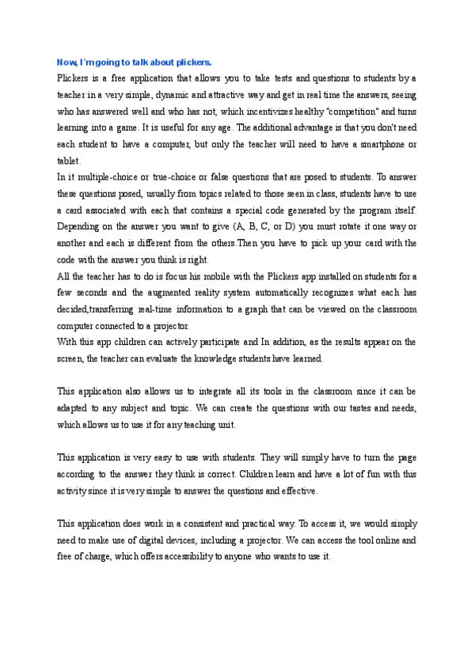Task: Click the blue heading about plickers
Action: click(134, 62)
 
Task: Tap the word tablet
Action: click(69, 161)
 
